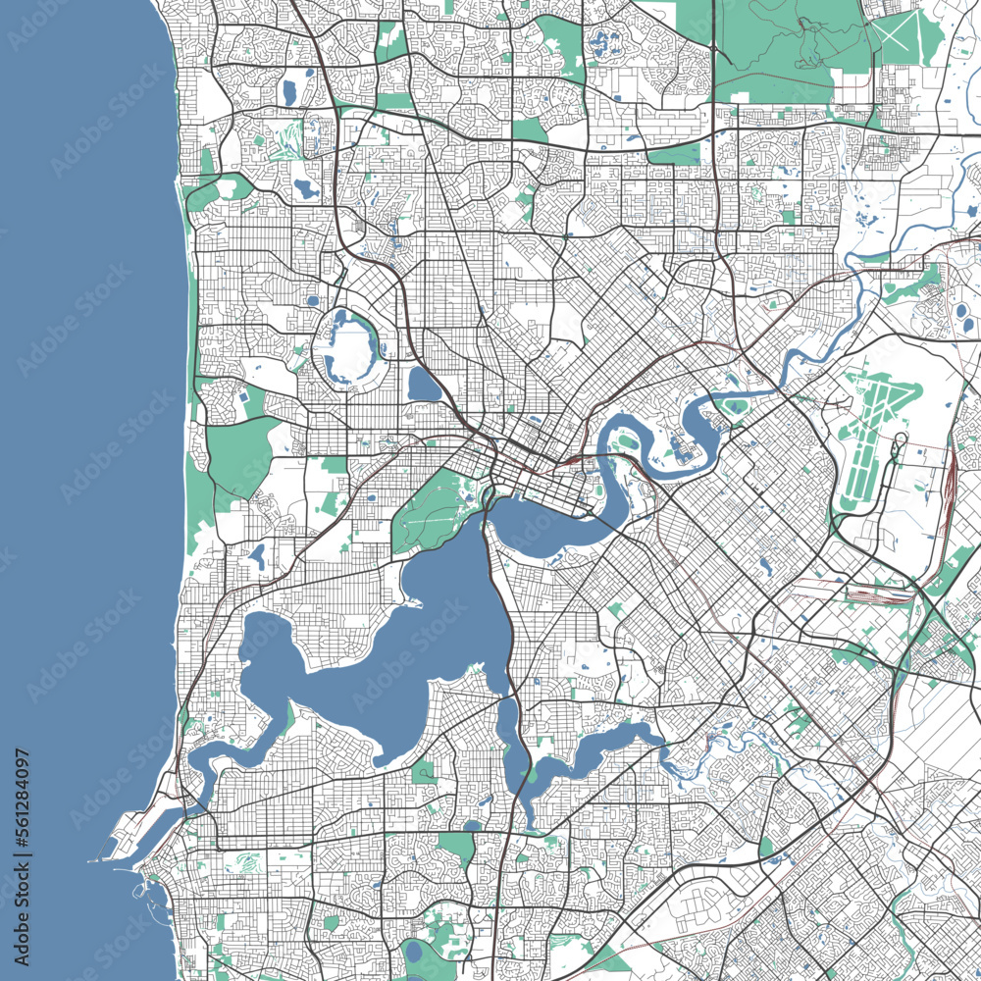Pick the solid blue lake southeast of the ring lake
tap(424, 385)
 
